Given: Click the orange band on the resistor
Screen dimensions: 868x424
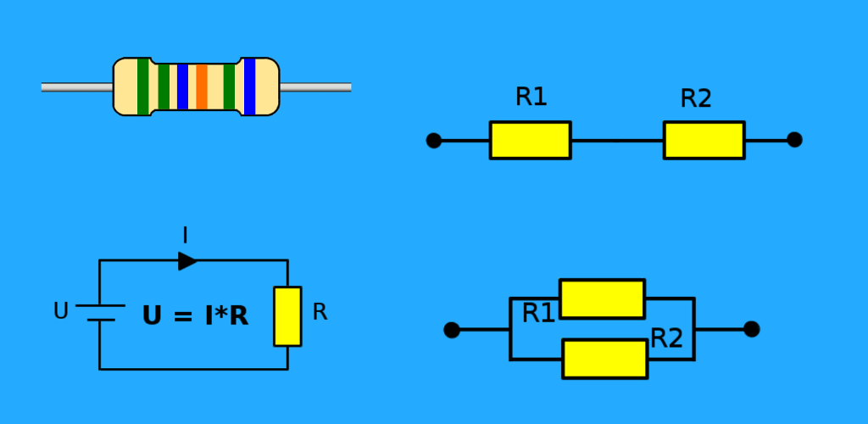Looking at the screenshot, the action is (x=202, y=86).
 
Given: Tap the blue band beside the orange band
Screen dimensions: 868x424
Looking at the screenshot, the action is (x=183, y=86).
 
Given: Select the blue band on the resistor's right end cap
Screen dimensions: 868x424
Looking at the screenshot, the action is (x=250, y=86).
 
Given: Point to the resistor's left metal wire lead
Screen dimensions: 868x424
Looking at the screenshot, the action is (x=77, y=86).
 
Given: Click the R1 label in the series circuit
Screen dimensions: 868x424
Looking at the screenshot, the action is (x=531, y=97).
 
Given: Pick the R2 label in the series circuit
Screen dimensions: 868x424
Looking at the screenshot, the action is (x=696, y=98).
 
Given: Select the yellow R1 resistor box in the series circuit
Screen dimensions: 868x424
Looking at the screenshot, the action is (x=531, y=140).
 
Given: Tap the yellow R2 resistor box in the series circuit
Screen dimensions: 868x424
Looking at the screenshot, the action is (x=704, y=140).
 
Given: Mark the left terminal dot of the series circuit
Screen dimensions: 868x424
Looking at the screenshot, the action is (x=434, y=141).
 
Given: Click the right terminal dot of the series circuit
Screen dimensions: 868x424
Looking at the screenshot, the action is (x=794, y=139).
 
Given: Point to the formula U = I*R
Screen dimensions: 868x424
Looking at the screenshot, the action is (x=196, y=316).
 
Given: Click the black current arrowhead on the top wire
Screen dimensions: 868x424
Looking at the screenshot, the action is (x=187, y=260).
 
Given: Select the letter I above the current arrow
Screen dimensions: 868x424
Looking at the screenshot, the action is (x=185, y=236).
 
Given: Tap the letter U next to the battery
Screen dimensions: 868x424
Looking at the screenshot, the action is (x=60, y=311).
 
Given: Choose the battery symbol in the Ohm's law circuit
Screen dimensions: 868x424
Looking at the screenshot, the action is (x=100, y=313).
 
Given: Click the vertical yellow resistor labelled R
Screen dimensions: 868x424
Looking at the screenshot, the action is (x=287, y=316).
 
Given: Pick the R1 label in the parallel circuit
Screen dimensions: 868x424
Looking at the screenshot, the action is (x=538, y=314).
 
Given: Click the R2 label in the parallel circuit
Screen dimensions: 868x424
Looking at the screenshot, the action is (x=666, y=338).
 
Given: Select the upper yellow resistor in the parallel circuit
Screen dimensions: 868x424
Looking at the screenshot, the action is (x=603, y=298).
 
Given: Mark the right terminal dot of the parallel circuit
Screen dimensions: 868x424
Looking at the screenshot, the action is (x=752, y=329).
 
